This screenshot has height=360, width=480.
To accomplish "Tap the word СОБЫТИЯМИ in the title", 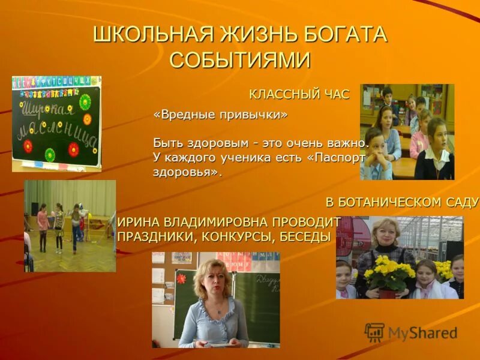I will [240, 60].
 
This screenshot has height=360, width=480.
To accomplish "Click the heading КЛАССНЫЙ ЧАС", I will [299, 94].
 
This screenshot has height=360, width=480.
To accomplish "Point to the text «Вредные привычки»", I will [220, 115].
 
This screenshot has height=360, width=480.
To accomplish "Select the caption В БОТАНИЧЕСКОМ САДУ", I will [403, 202].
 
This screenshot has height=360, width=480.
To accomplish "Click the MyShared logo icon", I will [375, 332].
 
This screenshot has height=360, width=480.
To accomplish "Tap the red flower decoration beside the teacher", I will [181, 278].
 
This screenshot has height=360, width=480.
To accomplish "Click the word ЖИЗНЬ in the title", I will [254, 35].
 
